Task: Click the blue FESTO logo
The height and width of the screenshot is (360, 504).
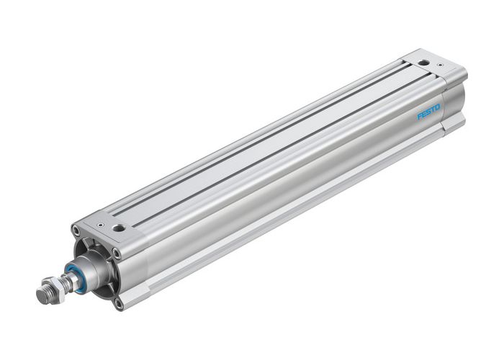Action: coord(428,112)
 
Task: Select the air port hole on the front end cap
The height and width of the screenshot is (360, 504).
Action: coord(119,228)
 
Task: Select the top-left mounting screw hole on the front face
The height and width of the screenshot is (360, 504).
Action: coord(76,230)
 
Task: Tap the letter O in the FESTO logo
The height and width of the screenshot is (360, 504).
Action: coord(438,107)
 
